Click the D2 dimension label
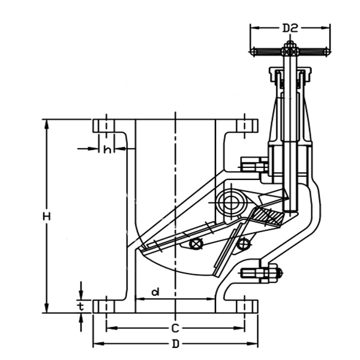(x=290, y=28)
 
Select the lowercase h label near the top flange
(x=107, y=149)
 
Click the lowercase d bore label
(x=155, y=292)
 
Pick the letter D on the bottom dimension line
(x=175, y=344)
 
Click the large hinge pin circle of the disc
(x=229, y=200)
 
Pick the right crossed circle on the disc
(x=242, y=244)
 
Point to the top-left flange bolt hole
(x=106, y=126)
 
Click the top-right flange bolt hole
(x=244, y=126)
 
